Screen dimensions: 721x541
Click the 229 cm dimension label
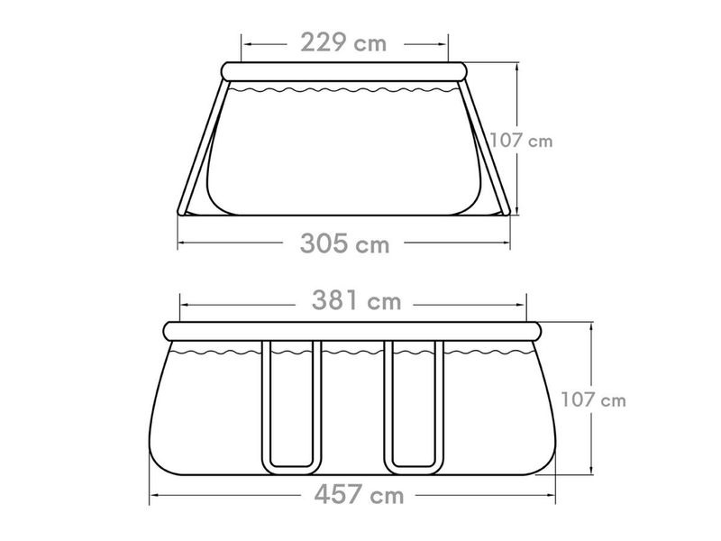point(343,42)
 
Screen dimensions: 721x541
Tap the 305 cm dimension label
point(344,243)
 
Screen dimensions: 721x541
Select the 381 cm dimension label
point(356,301)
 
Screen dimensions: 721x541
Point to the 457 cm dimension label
point(359,495)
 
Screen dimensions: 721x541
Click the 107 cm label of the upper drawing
point(521,141)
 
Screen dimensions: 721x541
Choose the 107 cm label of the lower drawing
point(594,399)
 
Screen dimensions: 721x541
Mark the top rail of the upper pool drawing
point(344,72)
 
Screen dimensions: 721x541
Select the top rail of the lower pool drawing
point(352,331)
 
